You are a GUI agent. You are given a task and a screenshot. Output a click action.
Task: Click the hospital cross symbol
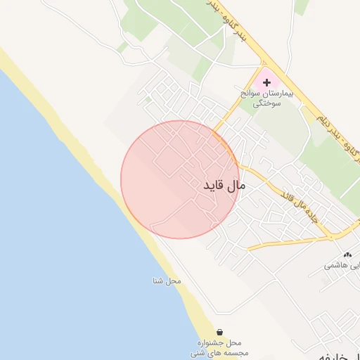(x=266, y=82)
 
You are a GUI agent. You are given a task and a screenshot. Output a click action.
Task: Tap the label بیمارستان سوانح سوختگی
(x=276, y=97)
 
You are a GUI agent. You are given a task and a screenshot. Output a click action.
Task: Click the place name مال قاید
(x=224, y=186)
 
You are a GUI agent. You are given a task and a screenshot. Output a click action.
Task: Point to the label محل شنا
(x=167, y=281)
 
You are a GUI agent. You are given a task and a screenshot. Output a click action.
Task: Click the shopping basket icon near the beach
(x=220, y=331)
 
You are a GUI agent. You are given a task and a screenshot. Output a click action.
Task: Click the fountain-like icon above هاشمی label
(x=347, y=255)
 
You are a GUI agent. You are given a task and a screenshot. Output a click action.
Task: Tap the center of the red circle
(x=180, y=179)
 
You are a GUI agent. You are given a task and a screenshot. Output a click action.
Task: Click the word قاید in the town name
(x=214, y=186)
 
